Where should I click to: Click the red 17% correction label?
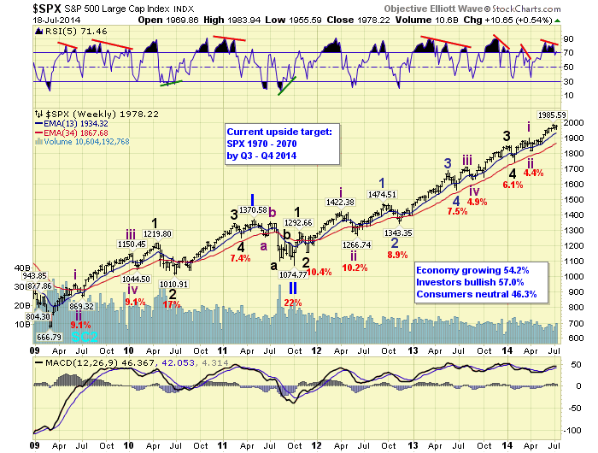coord(173,303)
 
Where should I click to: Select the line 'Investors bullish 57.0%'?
coord(469,282)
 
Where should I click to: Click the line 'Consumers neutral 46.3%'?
coord(472,294)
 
